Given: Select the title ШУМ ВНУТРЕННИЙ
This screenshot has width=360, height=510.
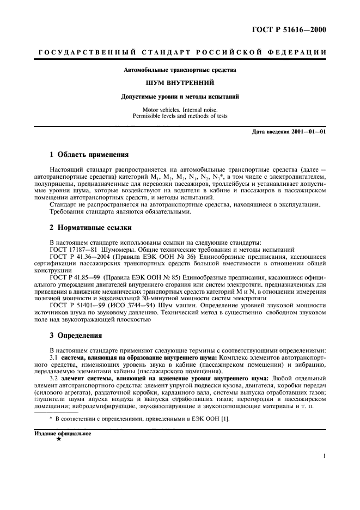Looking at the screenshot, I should click(x=180, y=83).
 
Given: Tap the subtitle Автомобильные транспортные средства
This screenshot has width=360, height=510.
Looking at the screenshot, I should click(x=180, y=70).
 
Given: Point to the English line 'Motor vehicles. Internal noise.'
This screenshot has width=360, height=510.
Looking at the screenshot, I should click(x=180, y=110).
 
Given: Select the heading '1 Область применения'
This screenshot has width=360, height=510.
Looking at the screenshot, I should click(x=86, y=154).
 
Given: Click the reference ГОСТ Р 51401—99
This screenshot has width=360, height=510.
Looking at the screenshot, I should click(x=75, y=306).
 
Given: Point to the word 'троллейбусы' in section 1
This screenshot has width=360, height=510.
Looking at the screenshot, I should click(x=224, y=185).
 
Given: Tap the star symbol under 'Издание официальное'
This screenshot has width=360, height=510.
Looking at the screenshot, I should click(x=58, y=440).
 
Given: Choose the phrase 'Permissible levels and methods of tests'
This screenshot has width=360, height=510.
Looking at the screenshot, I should click(x=180, y=116).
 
